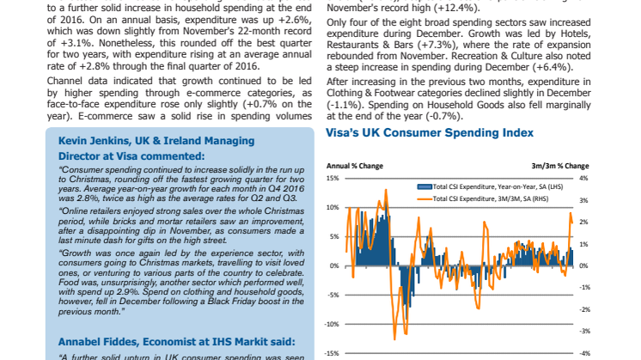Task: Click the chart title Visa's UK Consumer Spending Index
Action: (x=430, y=132)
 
